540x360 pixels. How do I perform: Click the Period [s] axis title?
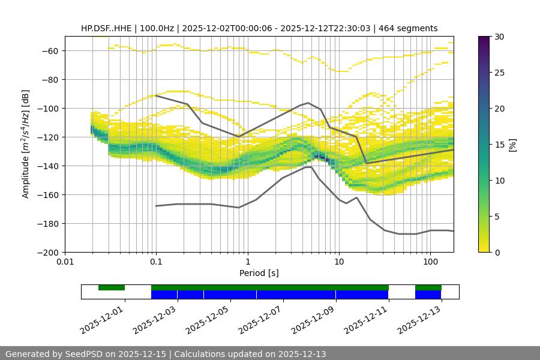[259, 273]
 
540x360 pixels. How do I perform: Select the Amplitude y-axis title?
[25, 144]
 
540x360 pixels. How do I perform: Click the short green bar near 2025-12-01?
[112, 287]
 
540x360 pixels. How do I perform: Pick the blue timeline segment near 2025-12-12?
[428, 295]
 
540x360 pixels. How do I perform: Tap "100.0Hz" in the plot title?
[159, 28]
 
